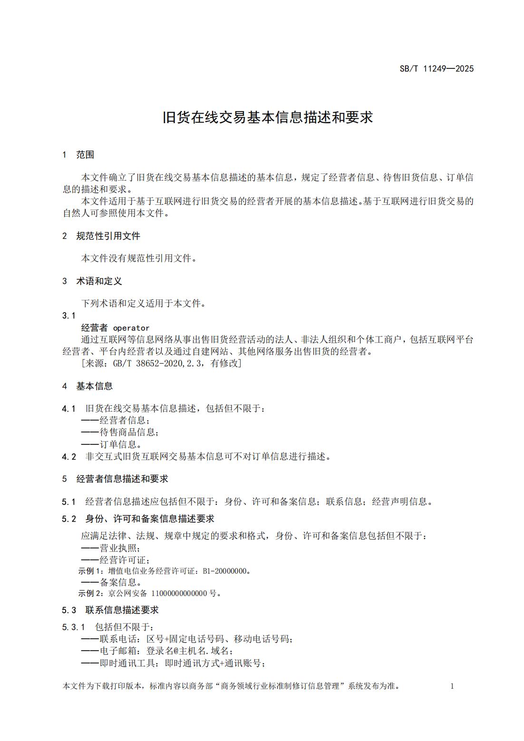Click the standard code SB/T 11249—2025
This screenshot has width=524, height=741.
[436, 68]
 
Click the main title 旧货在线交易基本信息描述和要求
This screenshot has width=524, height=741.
[268, 117]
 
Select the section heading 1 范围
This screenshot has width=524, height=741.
[78, 154]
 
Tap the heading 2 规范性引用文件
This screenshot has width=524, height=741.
[101, 236]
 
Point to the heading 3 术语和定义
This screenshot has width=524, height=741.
[92, 281]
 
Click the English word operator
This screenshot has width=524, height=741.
[131, 328]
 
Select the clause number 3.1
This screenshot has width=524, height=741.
[69, 316]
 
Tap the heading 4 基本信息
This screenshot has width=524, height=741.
[87, 386]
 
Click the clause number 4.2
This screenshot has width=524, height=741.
[69, 457]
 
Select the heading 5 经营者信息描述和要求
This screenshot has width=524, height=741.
[116, 479]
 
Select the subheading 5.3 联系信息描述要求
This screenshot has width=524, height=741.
[110, 610]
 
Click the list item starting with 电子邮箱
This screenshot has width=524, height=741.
[157, 651]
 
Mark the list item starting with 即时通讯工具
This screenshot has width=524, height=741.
[173, 664]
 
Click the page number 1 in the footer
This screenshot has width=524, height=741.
[452, 686]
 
